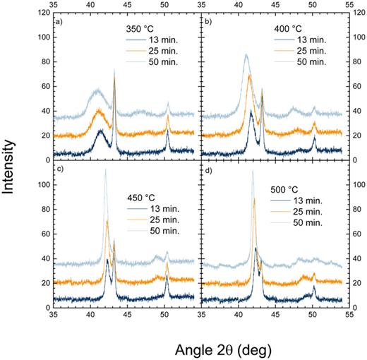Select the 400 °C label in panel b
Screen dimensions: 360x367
289,29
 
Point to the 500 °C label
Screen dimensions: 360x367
287,191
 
